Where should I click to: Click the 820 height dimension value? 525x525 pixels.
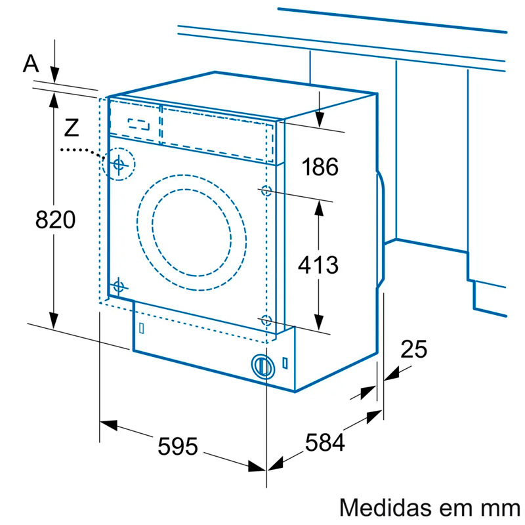[x=55, y=220]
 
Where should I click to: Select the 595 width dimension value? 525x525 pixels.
[x=177, y=447]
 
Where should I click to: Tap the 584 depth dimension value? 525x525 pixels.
[x=324, y=444]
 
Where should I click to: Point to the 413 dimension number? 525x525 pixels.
[x=318, y=265]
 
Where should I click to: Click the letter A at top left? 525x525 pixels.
[x=31, y=64]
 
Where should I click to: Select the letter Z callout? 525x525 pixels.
[x=72, y=127]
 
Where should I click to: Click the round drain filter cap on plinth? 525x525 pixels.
[x=262, y=366]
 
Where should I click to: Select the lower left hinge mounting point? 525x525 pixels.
[x=118, y=286]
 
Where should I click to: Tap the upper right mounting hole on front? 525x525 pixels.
[x=266, y=191]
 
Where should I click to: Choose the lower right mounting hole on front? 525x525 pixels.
[x=266, y=320]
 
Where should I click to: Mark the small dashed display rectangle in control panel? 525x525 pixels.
[x=139, y=123]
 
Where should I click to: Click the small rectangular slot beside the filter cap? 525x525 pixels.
[x=285, y=362]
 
